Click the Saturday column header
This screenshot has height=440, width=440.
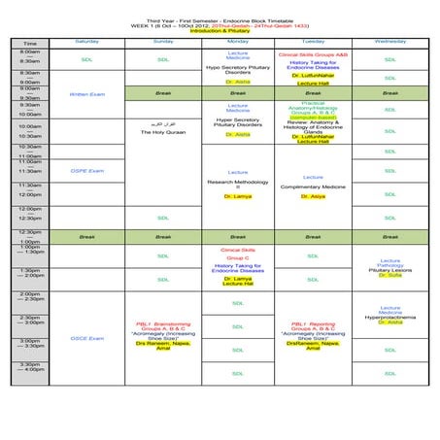pos(86,42)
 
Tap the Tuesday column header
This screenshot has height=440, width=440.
pos(313,42)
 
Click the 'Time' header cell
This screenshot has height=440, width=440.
pos(30,44)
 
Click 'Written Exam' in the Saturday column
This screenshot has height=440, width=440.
pos(86,94)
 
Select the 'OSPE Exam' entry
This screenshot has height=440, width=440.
pos(86,171)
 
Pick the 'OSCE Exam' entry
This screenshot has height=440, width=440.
pos(86,338)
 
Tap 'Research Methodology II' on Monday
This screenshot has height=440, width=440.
pos(238,185)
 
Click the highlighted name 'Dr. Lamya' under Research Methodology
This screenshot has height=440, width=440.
pos(238,196)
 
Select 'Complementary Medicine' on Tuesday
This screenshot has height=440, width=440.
pos(313,186)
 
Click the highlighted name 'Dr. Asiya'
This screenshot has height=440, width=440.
pos(313,196)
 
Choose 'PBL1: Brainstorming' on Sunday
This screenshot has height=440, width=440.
pos(162,323)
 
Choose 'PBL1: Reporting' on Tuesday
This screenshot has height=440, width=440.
pos(313,323)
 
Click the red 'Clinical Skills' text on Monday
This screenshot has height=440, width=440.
pos(238,250)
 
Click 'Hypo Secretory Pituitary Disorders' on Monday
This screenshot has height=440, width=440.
pos(238,70)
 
